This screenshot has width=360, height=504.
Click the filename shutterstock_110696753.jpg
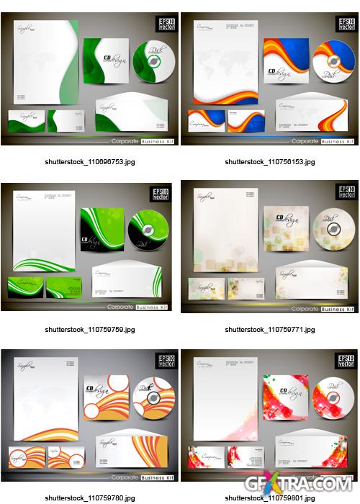click(89, 162)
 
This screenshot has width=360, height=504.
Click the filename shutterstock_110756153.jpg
click(269, 162)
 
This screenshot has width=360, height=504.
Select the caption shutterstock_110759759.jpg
click(89, 330)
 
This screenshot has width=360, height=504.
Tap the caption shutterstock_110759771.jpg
click(269, 330)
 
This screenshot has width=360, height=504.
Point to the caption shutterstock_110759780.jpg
click(89, 498)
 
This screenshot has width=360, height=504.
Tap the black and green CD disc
click(148, 230)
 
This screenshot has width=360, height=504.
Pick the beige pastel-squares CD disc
click(333, 230)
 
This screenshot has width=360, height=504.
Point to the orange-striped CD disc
click(152, 397)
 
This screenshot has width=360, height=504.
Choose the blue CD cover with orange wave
click(286, 61)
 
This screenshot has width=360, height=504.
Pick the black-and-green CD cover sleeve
click(102, 230)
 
